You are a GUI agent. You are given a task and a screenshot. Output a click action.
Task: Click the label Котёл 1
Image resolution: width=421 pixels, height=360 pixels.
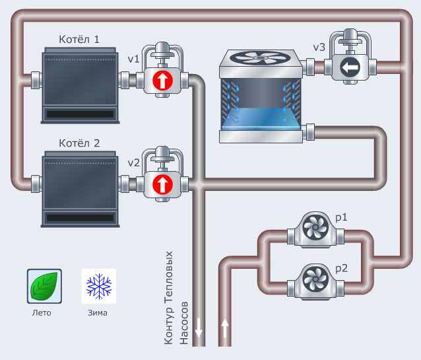[x=79, y=40]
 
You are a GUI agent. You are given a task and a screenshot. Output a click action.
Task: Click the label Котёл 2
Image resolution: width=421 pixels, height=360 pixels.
[x=79, y=143]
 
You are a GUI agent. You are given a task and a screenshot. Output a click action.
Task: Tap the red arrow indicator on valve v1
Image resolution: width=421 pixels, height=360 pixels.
[x=162, y=81]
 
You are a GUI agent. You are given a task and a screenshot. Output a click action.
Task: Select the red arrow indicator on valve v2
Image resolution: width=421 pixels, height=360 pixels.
[x=162, y=184]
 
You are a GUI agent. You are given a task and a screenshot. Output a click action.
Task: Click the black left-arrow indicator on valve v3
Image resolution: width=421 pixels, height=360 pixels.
[x=350, y=67]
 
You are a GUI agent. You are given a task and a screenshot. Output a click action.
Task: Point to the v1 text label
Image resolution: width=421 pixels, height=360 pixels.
[x=133, y=59]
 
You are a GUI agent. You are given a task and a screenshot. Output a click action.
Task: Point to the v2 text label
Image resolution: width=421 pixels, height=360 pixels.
[x=133, y=163]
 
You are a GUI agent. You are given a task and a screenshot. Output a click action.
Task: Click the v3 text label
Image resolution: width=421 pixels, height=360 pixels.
[x=319, y=48]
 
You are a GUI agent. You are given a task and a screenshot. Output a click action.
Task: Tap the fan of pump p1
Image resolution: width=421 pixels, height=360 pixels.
[x=315, y=227]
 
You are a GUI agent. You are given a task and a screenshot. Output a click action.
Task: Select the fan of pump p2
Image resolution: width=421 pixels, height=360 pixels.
[x=315, y=279]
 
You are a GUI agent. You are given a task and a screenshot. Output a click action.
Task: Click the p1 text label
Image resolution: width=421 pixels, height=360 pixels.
[x=341, y=217]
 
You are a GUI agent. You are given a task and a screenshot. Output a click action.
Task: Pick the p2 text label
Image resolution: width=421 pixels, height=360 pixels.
[x=342, y=269]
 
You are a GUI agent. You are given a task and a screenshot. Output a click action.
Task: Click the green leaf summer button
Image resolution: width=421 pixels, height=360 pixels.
[x=44, y=286]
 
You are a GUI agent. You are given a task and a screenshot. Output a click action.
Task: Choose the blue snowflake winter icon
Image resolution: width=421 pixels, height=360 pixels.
[x=99, y=286]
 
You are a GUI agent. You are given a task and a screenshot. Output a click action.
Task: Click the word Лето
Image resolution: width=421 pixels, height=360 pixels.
[x=42, y=313]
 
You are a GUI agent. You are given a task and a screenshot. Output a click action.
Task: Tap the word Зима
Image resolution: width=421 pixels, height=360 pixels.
[x=98, y=313]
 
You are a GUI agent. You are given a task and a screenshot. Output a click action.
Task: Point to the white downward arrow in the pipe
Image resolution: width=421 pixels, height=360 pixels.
[x=199, y=328]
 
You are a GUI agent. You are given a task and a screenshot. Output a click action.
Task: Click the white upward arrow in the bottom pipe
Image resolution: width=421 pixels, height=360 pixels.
[x=224, y=328]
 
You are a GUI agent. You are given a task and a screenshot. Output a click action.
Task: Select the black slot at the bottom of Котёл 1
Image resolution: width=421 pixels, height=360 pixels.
[x=80, y=114]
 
